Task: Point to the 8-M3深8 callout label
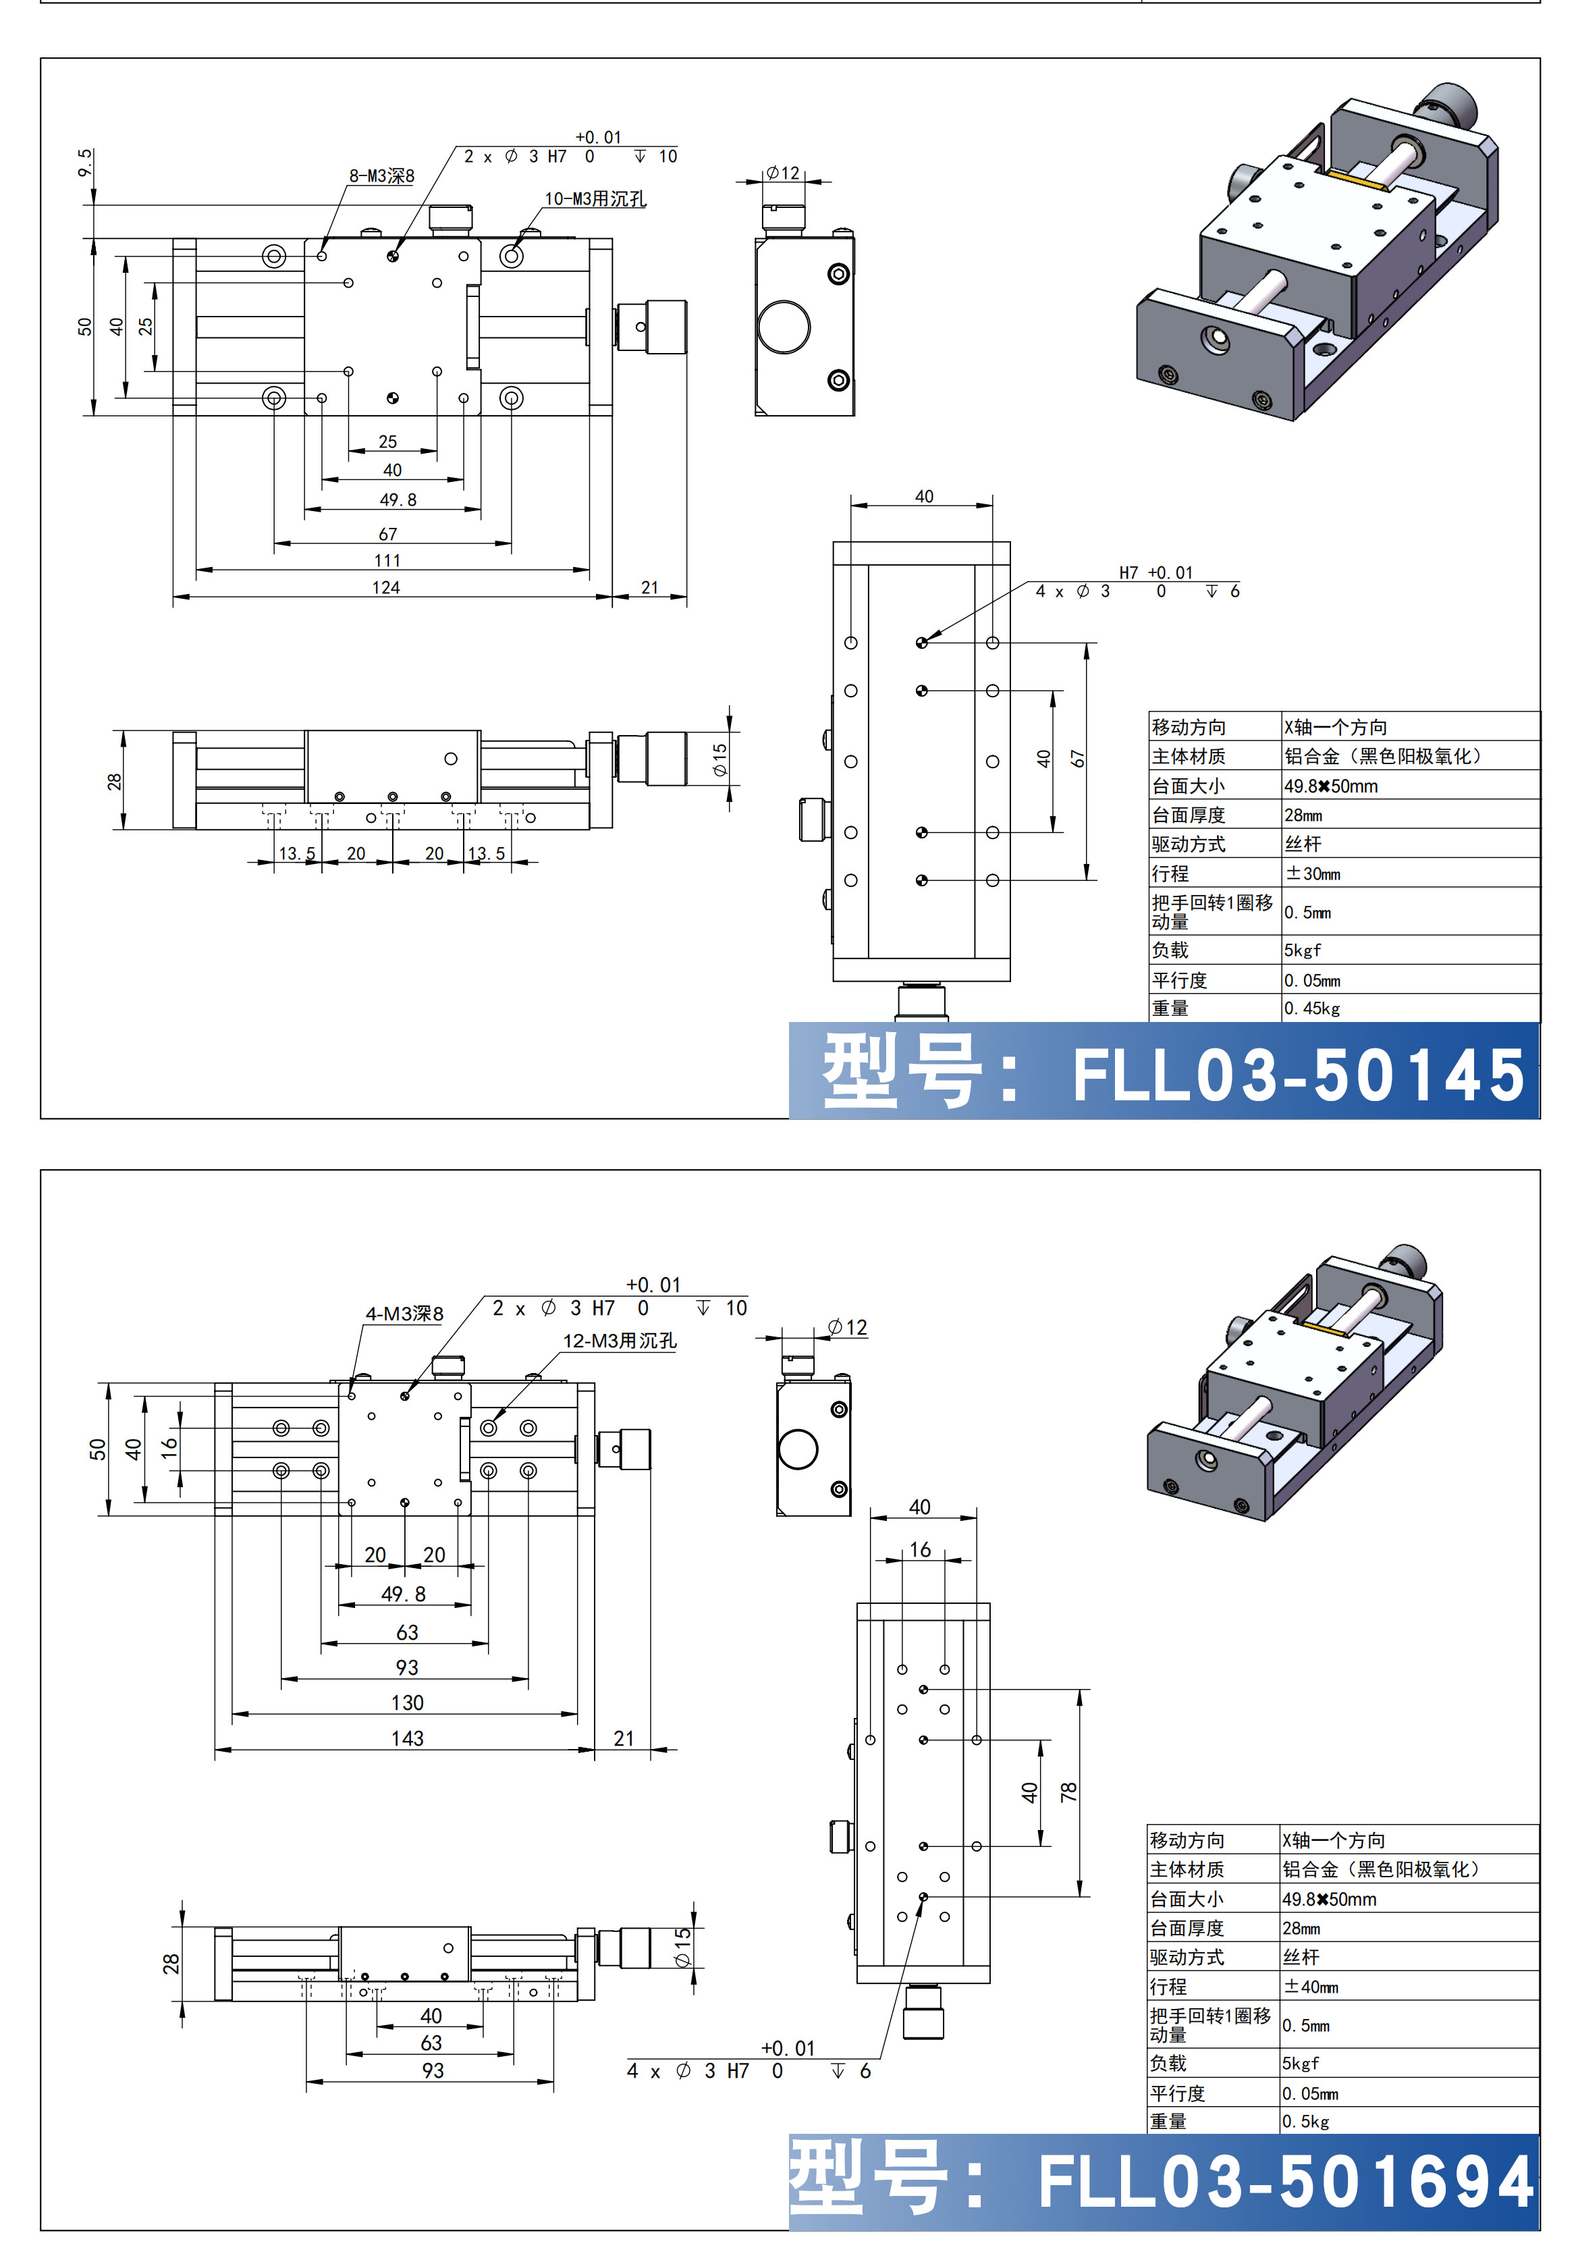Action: pos(381,176)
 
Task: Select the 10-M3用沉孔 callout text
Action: pos(595,198)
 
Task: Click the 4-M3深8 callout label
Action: pos(404,1314)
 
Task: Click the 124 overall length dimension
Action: pos(385,587)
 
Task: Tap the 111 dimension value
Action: pos(387,560)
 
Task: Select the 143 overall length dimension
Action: pos(407,1738)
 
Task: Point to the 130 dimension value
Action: pos(407,1703)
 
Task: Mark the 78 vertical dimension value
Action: pos(1069,1792)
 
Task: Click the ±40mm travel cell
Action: pos(1311,1987)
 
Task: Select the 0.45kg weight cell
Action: pos(1311,1008)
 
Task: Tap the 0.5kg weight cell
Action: pos(1306,2122)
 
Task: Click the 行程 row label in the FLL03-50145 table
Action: pos(1170,874)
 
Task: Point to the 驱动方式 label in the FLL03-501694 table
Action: pos(1187,1958)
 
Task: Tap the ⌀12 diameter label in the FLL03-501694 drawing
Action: pos(847,1327)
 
